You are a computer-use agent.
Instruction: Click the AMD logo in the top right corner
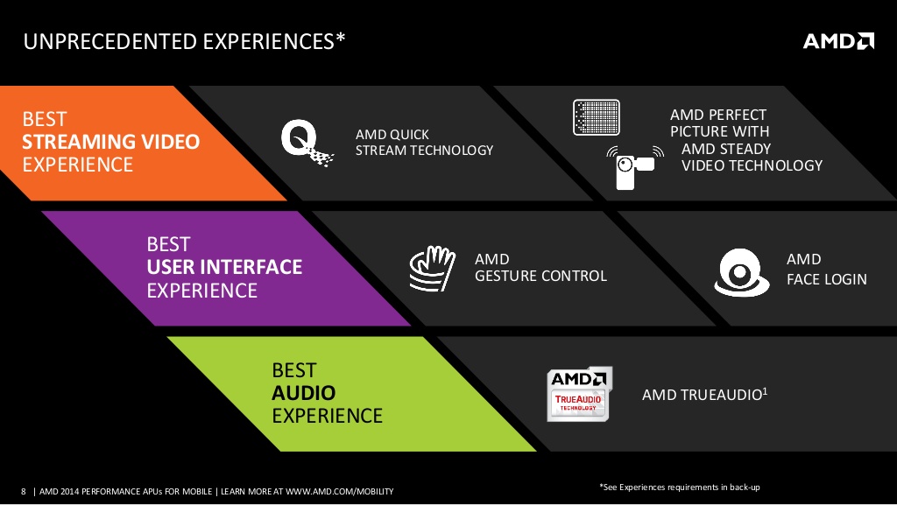coord(838,41)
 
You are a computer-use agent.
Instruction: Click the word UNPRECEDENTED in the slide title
coord(110,42)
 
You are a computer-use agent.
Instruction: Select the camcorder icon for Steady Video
coord(635,167)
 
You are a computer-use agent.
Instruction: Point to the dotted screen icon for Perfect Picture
coord(596,117)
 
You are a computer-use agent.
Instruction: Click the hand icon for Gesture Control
coord(433,269)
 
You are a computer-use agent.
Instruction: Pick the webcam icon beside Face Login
coord(741,272)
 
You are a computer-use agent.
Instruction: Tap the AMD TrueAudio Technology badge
coord(579,394)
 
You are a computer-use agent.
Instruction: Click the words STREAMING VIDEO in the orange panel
coord(111,142)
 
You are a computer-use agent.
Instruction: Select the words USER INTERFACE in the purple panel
coord(224,267)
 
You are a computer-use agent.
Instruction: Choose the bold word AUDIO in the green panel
coord(304,393)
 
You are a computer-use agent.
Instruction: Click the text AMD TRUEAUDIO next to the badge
coord(702,395)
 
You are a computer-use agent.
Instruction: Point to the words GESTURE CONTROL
coord(540,276)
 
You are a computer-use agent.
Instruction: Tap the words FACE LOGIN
coord(827,279)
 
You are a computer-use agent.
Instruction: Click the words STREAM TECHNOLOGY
coord(425,151)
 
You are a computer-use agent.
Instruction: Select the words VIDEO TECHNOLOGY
coord(752,165)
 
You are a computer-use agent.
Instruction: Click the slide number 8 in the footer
coord(24,491)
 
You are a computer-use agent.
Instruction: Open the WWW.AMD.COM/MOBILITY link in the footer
coord(340,491)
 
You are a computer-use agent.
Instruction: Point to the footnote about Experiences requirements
coord(680,487)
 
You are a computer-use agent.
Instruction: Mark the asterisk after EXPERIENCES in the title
coord(341,37)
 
